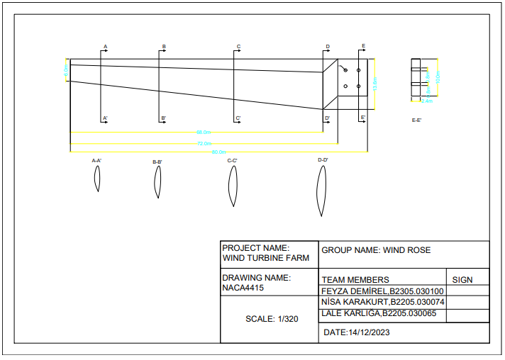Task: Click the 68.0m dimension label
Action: click(203, 133)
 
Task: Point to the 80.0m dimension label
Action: click(218, 152)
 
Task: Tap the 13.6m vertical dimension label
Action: click(374, 84)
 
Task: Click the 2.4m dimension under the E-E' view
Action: click(426, 101)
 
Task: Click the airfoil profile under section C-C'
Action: click(232, 187)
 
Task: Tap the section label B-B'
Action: click(157, 162)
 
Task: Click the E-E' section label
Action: click(417, 120)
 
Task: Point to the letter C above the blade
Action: click(238, 47)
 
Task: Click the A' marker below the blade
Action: click(105, 118)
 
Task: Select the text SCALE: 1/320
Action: click(272, 319)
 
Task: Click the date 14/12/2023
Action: click(368, 332)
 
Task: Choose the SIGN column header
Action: click(462, 280)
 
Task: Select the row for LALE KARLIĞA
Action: click(379, 313)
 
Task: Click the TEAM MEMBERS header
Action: click(355, 280)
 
